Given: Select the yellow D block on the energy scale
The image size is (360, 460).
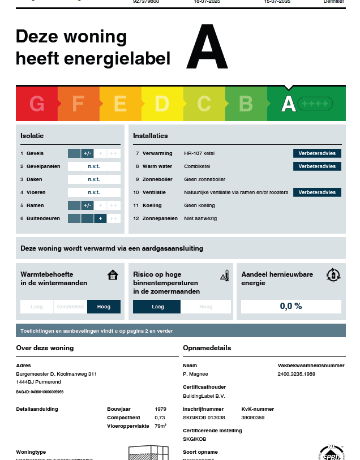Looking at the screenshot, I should [162, 104].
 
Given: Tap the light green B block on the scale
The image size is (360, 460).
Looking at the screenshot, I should [246, 104].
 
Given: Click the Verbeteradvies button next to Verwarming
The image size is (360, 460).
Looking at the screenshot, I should [317, 153].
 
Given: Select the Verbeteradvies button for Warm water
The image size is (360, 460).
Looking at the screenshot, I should [317, 166].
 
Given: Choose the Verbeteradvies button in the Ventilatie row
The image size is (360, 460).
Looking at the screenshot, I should [317, 192].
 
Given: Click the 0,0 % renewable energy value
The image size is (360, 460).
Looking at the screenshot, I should [291, 306].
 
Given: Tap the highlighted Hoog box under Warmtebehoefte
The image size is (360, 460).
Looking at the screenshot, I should [104, 307].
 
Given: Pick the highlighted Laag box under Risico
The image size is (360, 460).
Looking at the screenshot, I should [157, 307].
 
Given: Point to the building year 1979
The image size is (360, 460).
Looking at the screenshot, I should [160, 409].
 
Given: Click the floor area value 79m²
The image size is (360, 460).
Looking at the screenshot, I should [160, 425].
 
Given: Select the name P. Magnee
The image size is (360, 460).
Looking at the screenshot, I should [195, 374].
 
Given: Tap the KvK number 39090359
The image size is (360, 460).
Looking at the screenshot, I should [253, 417].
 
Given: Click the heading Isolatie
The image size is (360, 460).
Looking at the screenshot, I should [32, 136].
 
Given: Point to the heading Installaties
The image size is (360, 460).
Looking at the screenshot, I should [150, 136].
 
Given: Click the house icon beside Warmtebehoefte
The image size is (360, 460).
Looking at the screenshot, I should [113, 275].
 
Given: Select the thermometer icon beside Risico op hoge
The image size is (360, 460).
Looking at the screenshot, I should [225, 276].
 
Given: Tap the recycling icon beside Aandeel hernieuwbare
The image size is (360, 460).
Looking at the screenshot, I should [333, 275].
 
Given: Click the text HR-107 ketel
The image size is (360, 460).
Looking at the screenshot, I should [199, 153].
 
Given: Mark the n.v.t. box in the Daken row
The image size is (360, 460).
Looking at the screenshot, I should [94, 179].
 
